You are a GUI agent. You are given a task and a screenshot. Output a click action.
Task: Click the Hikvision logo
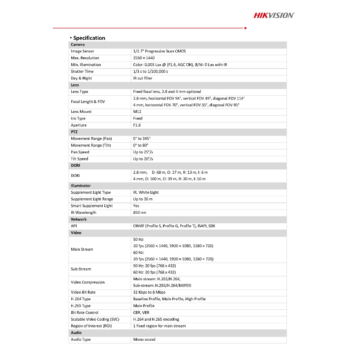pyautogui.click(x=274, y=15)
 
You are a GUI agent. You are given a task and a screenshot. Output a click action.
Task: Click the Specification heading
pyautogui.click(x=89, y=38)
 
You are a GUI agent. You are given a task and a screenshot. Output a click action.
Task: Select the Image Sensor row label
pyautogui.click(x=83, y=51)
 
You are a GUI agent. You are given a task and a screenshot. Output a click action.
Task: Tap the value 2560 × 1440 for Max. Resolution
pyautogui.click(x=144, y=58)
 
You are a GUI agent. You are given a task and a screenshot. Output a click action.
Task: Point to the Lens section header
pyautogui.click(x=75, y=85)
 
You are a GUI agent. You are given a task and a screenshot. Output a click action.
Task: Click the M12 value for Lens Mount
pyautogui.click(x=137, y=112)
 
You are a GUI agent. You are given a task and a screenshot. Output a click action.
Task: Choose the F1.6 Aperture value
pyautogui.click(x=137, y=125)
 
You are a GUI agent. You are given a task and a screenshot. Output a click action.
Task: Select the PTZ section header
pyautogui.click(x=74, y=132)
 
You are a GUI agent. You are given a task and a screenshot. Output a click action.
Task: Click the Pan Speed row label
pyautogui.click(x=80, y=152)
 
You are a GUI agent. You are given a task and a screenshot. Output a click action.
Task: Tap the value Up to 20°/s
pyautogui.click(x=143, y=159)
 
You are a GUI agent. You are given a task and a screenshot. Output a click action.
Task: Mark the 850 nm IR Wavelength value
pyautogui.click(x=140, y=213)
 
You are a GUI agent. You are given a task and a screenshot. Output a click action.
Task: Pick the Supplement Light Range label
pyautogui.click(x=92, y=199)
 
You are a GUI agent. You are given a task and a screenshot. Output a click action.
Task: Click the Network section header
pyautogui.click(x=79, y=219)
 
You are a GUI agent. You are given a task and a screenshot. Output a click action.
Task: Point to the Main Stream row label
pyautogui.click(x=82, y=250)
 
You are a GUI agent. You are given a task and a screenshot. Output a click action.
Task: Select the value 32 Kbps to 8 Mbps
pyautogui.click(x=149, y=292)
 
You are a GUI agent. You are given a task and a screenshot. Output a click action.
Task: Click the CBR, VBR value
pyautogui.click(x=141, y=313)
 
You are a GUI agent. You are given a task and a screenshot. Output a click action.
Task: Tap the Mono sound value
pyautogui.click(x=144, y=340)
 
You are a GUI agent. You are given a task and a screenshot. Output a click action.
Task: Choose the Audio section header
pyautogui.click(x=76, y=333)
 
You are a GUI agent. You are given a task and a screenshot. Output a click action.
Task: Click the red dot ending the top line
pyautogui.click(x=245, y=28)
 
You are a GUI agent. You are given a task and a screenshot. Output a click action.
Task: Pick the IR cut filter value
pyautogui.click(x=143, y=78)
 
